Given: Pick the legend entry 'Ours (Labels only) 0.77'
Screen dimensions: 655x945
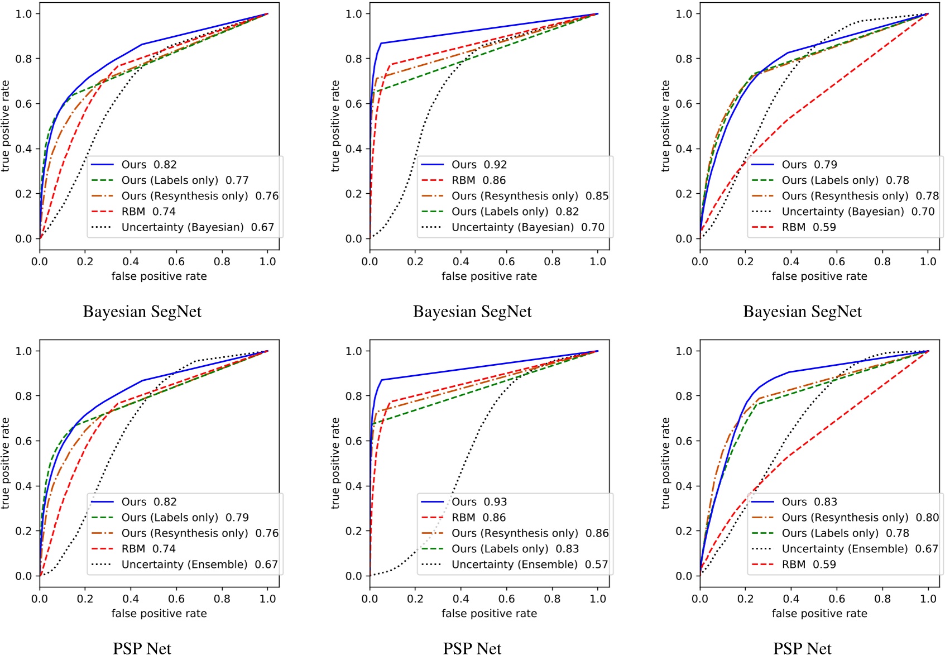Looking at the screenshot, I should (x=185, y=180).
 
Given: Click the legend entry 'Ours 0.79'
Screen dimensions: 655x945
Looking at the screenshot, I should (x=809, y=165).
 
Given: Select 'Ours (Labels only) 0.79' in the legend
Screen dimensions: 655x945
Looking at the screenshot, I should (x=185, y=518).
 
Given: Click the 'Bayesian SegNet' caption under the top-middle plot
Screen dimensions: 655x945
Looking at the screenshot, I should (x=472, y=312).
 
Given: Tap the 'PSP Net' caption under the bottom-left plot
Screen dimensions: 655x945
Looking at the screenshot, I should (x=142, y=648).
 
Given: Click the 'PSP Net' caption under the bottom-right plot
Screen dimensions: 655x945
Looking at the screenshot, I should (x=802, y=648).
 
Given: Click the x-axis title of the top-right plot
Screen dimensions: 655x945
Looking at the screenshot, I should (x=819, y=276).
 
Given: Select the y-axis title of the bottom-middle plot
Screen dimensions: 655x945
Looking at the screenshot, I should (x=335, y=463).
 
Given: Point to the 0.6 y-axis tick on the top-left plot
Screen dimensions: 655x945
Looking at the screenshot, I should (x=23, y=104).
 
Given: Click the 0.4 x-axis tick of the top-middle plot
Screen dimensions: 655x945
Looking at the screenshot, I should (x=460, y=261).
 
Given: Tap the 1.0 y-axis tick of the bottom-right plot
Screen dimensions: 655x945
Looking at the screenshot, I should (x=684, y=351).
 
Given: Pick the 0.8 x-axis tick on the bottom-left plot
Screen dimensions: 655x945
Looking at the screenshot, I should (x=222, y=599).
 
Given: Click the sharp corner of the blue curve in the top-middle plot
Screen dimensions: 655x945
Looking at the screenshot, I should (x=381, y=44).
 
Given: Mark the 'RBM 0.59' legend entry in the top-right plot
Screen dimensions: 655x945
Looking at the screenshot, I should (x=808, y=227).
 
